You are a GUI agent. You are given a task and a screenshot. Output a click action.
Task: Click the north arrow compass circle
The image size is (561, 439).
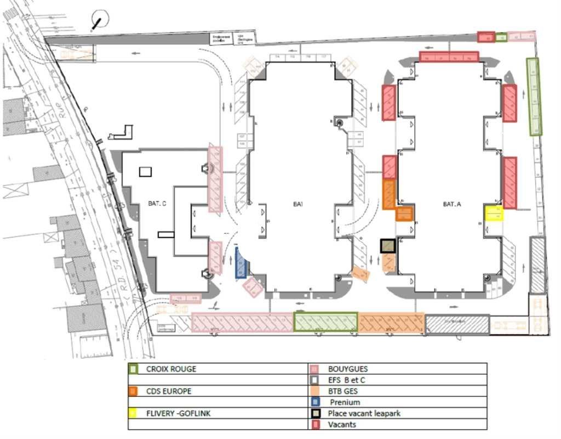coord(100,20)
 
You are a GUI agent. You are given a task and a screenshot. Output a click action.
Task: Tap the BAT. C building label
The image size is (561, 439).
coord(157,204)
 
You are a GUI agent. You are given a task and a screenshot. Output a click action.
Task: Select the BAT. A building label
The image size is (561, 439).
coord(452,204)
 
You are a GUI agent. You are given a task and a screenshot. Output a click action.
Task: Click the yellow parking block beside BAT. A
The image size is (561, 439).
coord(494,213)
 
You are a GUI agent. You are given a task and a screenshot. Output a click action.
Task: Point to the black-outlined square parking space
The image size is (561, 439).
coord(388,245)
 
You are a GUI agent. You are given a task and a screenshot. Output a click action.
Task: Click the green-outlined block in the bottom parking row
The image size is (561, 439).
coord(325,322)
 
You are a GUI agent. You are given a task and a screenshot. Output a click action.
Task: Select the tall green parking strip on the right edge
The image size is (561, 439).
coord(534,96)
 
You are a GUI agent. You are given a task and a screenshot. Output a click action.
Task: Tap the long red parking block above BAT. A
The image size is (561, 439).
coord(449,57)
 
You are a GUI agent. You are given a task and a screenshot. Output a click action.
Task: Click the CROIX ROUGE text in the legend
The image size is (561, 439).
coord(171,369)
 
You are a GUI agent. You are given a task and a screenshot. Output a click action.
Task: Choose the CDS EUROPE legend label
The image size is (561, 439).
coord(169,391)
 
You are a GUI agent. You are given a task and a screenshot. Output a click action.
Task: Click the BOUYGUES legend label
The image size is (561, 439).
coord(348,369)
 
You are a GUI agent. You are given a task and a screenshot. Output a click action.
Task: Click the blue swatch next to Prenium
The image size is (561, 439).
coord(314,402)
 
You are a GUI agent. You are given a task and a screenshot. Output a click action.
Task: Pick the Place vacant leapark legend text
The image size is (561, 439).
coord(364,413)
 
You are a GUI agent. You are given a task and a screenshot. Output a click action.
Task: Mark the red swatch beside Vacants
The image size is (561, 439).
coord(314,425)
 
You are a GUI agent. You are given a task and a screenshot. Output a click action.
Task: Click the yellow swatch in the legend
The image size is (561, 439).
coord(133,413)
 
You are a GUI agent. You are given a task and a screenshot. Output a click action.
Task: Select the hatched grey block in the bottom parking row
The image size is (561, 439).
coord(457,324)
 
